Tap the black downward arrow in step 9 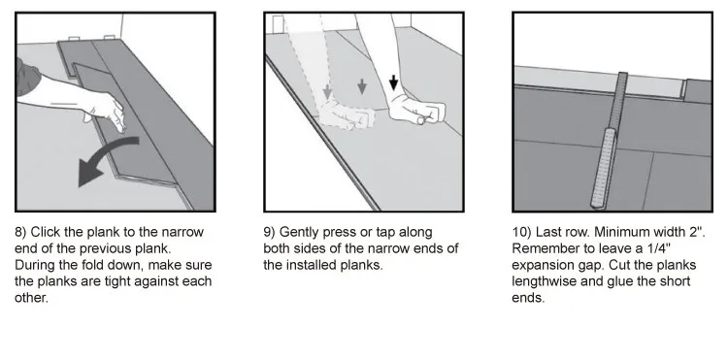click(x=394, y=83)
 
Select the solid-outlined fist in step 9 click(x=416, y=112)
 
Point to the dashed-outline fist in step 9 click(x=346, y=115)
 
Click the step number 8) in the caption click(x=20, y=232)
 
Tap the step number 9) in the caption click(x=269, y=232)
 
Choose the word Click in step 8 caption click(x=45, y=232)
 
